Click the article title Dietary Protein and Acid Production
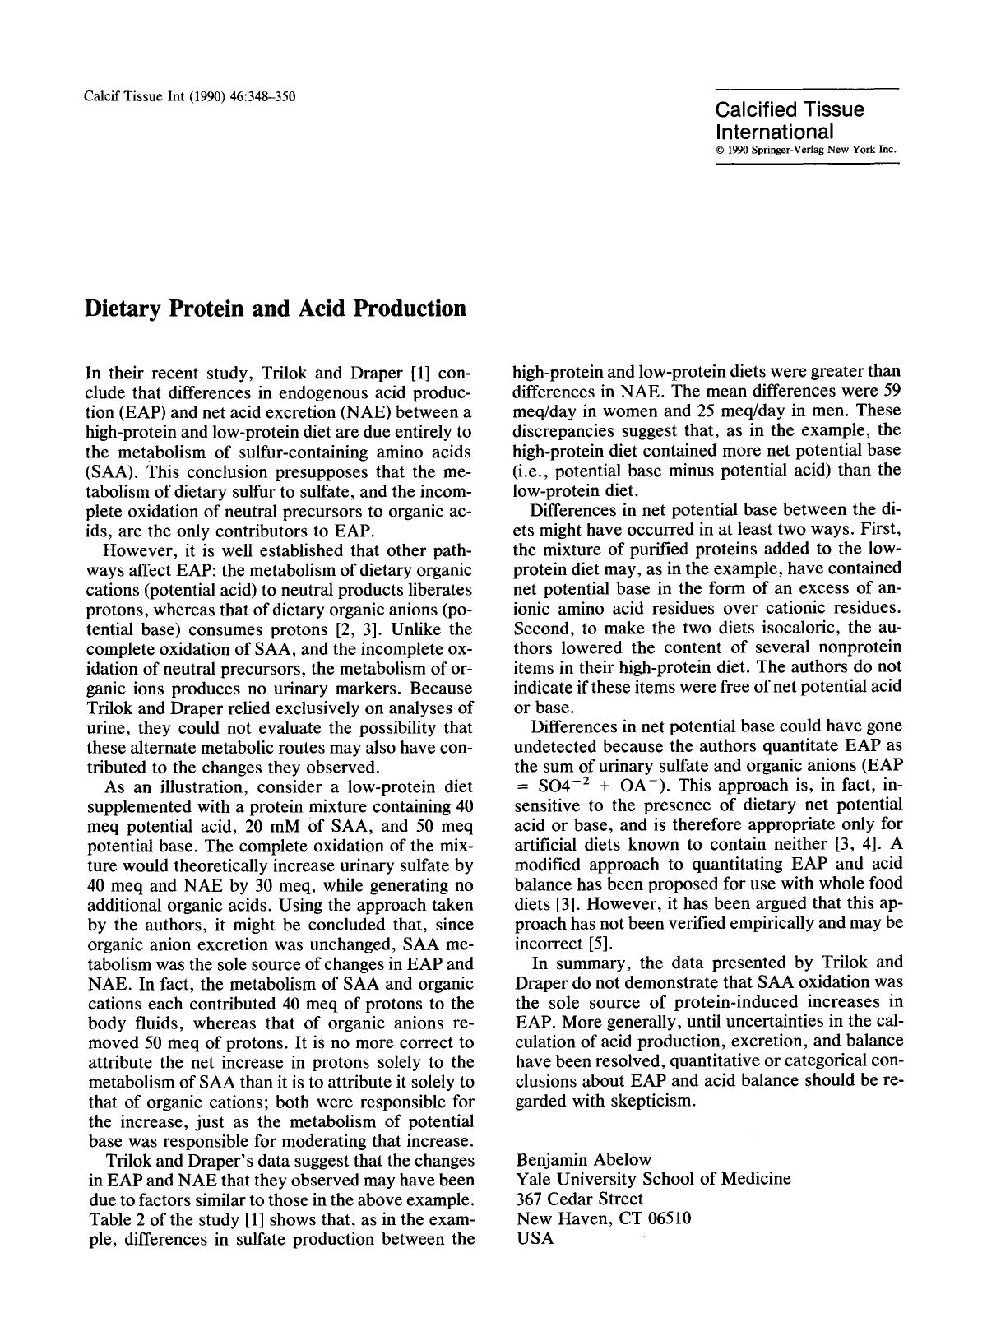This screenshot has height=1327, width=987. [276, 309]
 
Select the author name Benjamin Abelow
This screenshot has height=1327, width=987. [583, 1159]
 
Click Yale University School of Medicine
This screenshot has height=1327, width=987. [653, 1179]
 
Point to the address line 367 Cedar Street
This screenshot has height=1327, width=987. [579, 1199]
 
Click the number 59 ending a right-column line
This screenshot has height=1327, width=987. [891, 392]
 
